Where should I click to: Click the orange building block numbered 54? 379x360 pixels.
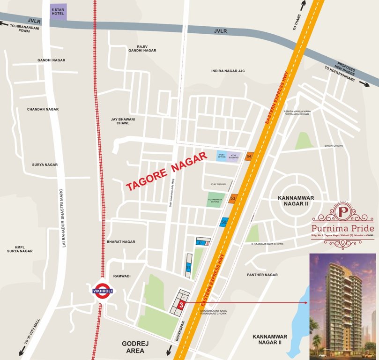click(x=249, y=156)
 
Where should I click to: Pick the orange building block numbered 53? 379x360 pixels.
click(x=232, y=199)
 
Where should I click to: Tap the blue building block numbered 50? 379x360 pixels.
click(x=224, y=222)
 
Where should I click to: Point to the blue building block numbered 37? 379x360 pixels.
click(x=200, y=242)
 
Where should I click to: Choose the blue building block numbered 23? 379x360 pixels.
click(x=188, y=267)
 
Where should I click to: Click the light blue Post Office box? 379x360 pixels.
click(x=221, y=156)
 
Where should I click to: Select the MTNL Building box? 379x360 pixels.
click(x=234, y=156)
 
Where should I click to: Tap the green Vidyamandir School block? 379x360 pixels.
click(x=216, y=200)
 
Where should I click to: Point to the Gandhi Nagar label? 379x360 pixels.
click(x=52, y=60)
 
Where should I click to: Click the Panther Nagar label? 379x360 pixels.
click(x=262, y=275)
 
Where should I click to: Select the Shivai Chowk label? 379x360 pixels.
click(x=334, y=146)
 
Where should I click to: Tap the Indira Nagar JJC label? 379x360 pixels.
click(x=228, y=71)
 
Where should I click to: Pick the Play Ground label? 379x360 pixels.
click(x=218, y=184)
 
